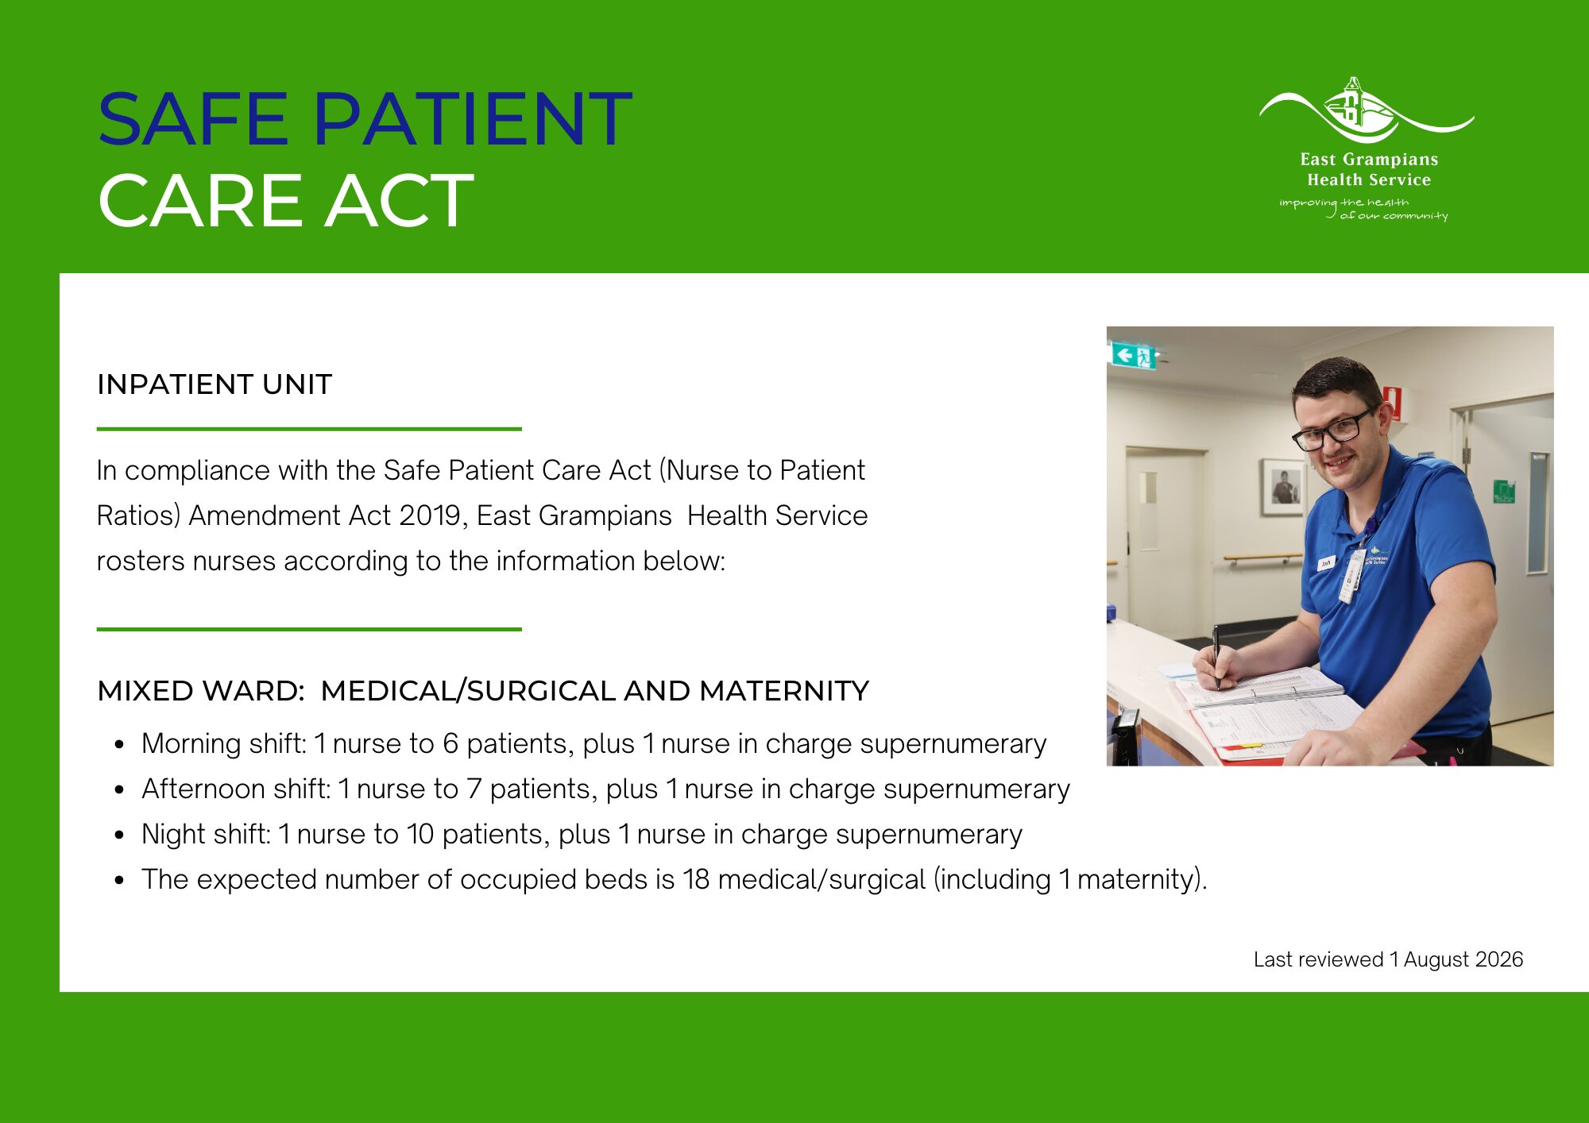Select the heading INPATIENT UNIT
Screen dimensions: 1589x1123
coord(215,384)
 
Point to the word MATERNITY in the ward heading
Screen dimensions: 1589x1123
coord(784,691)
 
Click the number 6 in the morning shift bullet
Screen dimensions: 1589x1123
coord(450,743)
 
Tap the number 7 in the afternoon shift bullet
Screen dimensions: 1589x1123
coord(474,789)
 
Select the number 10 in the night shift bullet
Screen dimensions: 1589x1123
coord(420,834)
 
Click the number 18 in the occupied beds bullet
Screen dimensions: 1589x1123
coord(696,879)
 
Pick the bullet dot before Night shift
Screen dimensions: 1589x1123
coord(119,835)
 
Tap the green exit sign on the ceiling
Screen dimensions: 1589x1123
coord(1133,355)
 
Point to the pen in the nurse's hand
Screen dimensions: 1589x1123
coord(1216,655)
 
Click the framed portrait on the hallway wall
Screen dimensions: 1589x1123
coord(1282,486)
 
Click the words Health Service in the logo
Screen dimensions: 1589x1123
coord(1369,180)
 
